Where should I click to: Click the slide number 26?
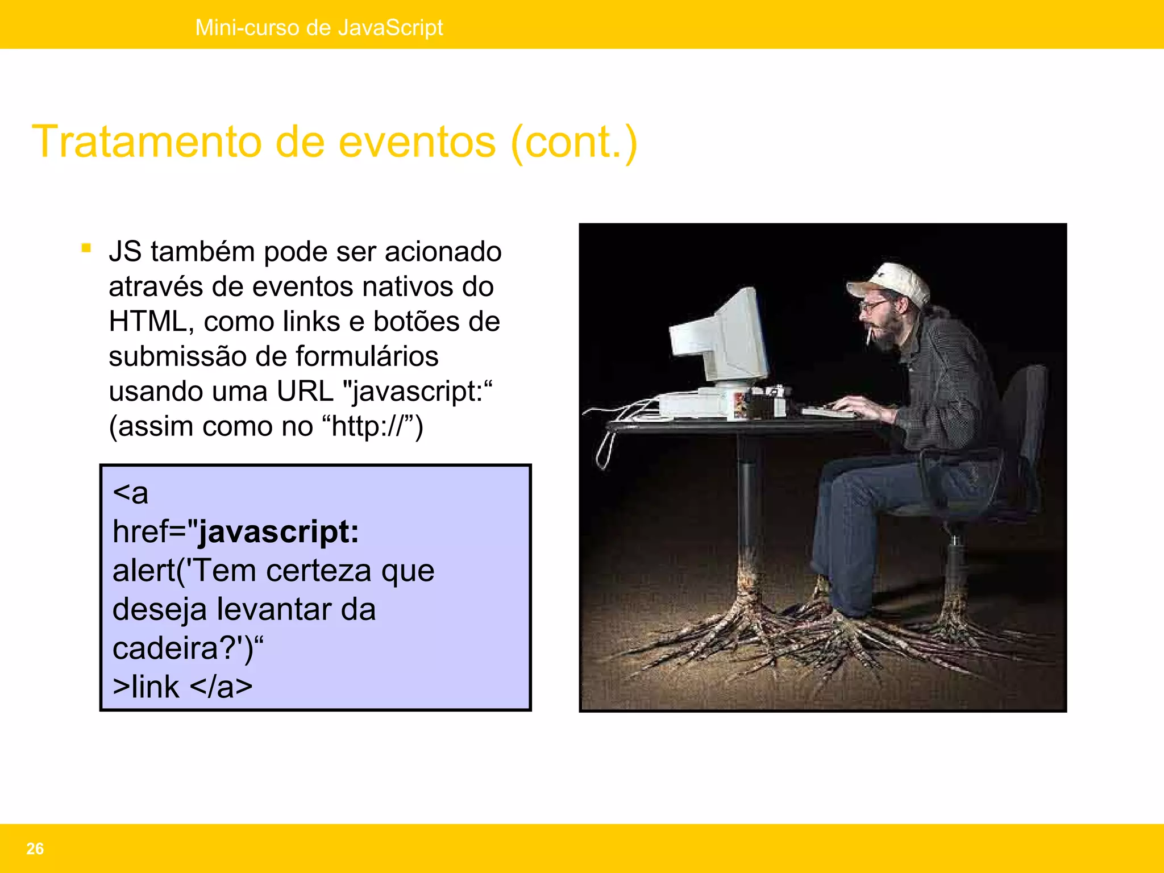(x=35, y=849)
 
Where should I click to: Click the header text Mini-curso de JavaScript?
(x=319, y=27)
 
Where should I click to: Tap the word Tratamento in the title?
(x=147, y=142)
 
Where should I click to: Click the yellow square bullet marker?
(x=86, y=248)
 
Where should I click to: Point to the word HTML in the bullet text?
(x=147, y=322)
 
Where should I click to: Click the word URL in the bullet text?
(x=305, y=392)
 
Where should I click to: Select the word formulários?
(x=367, y=357)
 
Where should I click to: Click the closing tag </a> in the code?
(x=221, y=687)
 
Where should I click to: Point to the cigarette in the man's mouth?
(x=868, y=335)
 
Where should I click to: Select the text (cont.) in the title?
(x=574, y=142)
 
